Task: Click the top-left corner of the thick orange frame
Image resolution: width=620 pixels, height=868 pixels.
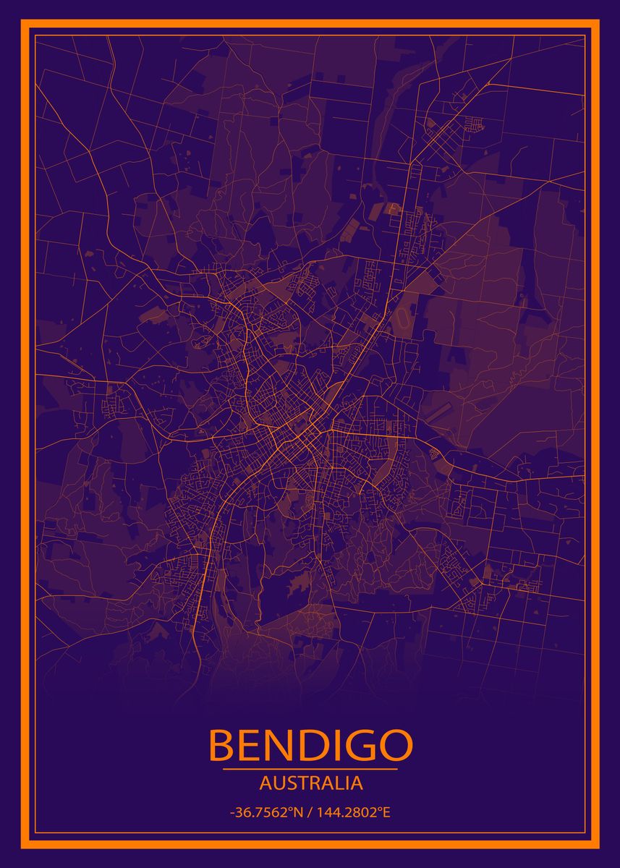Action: (23, 24)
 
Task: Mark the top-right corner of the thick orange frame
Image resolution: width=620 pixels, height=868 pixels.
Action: (597, 24)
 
